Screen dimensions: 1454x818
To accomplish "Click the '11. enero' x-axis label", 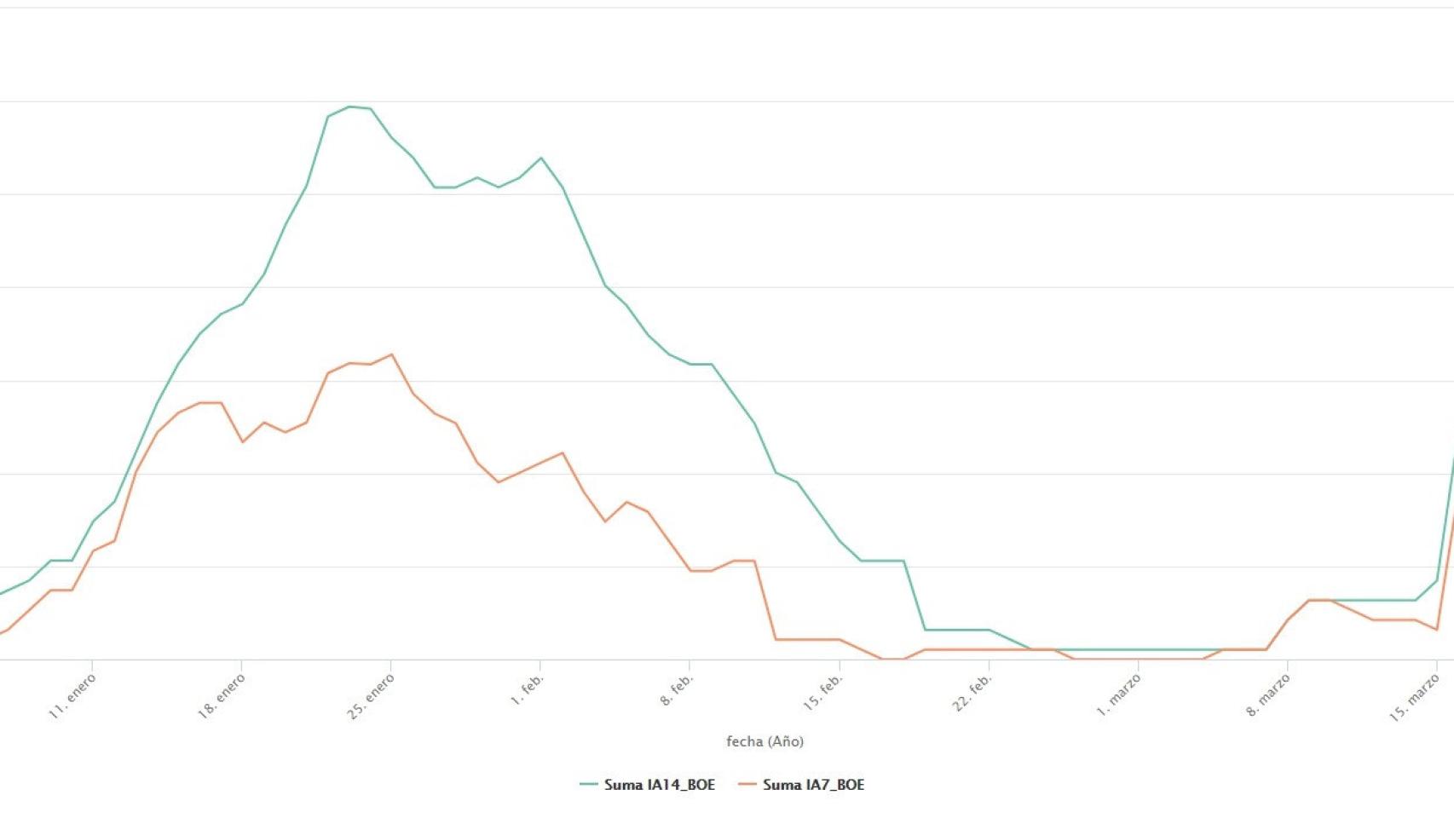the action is [72, 695].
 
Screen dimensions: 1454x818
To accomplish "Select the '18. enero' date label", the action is [222, 695].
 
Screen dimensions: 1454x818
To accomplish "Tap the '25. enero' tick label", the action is [371, 695].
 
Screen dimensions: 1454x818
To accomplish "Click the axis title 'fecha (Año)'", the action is [765, 741].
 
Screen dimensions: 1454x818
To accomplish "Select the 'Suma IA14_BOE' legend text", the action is [660, 784].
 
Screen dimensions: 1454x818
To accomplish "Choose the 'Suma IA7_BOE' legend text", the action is [813, 784].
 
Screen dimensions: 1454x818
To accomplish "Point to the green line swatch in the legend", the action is [589, 784].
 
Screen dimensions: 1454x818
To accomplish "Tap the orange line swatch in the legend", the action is [747, 784].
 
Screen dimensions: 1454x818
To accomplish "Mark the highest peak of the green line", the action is [350, 107].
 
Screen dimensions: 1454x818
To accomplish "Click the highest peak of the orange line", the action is [391, 354].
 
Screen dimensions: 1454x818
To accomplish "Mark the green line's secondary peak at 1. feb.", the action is [540, 158].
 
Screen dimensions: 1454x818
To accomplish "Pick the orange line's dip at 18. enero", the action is [243, 441].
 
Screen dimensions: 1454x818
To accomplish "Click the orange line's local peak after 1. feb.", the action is [563, 452].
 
